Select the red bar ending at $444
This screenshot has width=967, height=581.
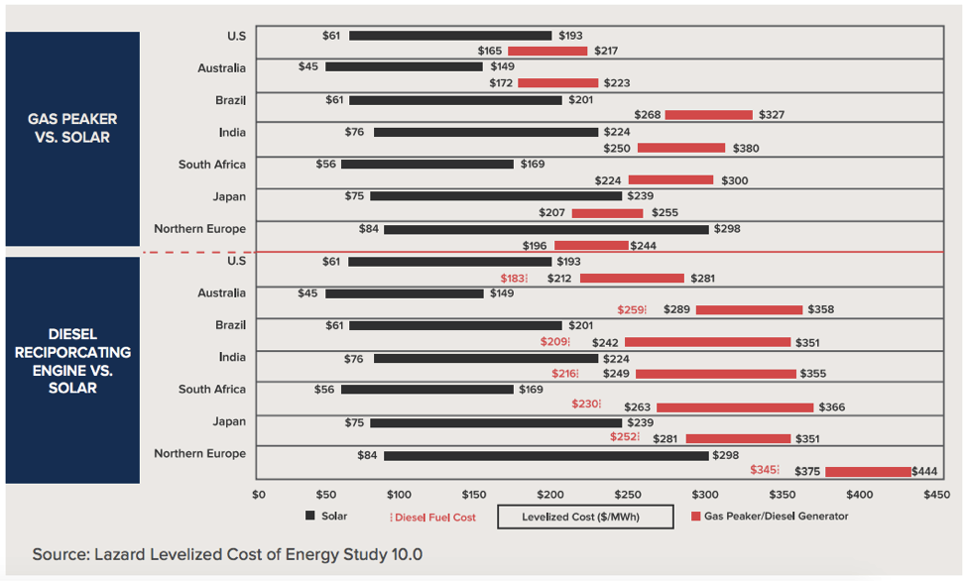click(x=868, y=472)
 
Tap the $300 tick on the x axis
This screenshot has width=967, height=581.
click(x=706, y=495)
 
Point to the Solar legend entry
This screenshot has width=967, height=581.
click(x=328, y=516)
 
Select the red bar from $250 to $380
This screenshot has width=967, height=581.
click(x=681, y=148)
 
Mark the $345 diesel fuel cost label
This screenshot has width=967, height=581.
click(x=764, y=471)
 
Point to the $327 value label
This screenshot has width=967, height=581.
click(x=772, y=115)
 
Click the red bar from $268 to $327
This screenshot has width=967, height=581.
click(x=709, y=115)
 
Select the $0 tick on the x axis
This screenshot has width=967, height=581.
click(x=259, y=495)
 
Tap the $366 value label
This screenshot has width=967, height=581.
click(x=832, y=407)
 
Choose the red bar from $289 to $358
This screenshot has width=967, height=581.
click(x=749, y=310)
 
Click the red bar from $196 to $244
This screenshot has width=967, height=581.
click(x=591, y=245)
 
